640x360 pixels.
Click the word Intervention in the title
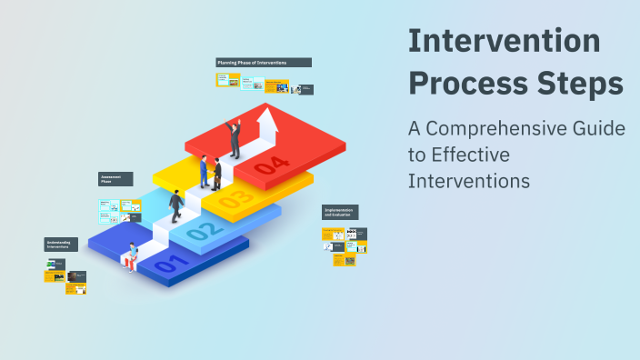(504, 42)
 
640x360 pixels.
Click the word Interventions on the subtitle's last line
(468, 180)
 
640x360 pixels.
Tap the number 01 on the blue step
(173, 265)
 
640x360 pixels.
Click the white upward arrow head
(266, 116)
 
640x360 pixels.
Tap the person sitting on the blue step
(133, 256)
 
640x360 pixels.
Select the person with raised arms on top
(235, 138)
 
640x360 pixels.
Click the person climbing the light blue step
(175, 205)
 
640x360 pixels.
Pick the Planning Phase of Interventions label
(264, 63)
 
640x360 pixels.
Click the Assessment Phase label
(115, 179)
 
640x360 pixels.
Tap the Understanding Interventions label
(62, 245)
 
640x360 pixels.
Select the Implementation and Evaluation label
(340, 213)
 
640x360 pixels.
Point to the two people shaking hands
(211, 172)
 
